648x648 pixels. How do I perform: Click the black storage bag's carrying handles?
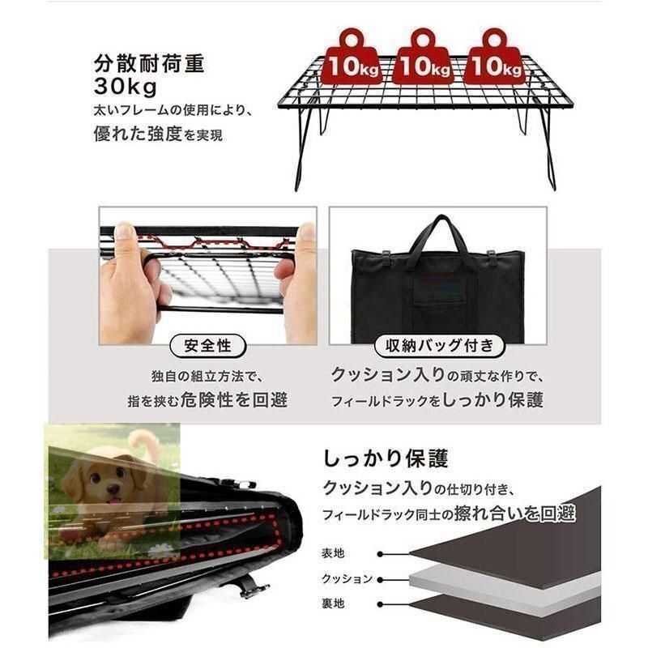coord(438,235)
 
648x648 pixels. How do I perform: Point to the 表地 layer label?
coord(333,553)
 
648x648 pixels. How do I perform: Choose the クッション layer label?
coord(347,578)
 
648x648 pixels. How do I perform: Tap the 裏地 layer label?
coord(333,603)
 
